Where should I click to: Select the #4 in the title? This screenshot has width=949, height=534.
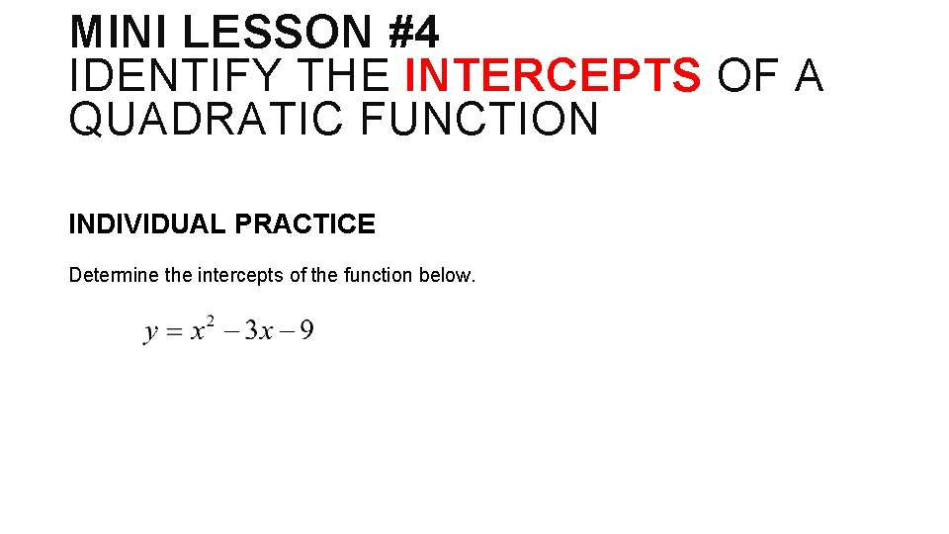(x=413, y=32)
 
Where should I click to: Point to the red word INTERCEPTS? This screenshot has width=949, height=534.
(x=554, y=76)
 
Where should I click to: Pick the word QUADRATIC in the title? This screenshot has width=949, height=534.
(x=207, y=120)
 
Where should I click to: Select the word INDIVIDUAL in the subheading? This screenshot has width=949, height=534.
(x=147, y=224)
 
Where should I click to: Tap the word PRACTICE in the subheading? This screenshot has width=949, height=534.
(x=305, y=224)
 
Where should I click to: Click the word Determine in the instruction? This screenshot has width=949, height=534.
(x=113, y=275)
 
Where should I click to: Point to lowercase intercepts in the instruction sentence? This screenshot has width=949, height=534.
(x=241, y=275)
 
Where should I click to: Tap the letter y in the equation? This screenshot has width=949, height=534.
(x=151, y=332)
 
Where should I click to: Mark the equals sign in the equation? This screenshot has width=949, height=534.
(x=175, y=331)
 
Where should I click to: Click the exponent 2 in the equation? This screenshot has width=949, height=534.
(x=210, y=320)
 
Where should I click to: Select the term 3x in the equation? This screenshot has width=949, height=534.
(x=259, y=330)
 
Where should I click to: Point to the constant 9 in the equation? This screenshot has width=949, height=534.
(x=306, y=329)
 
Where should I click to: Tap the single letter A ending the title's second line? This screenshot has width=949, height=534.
(x=808, y=76)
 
